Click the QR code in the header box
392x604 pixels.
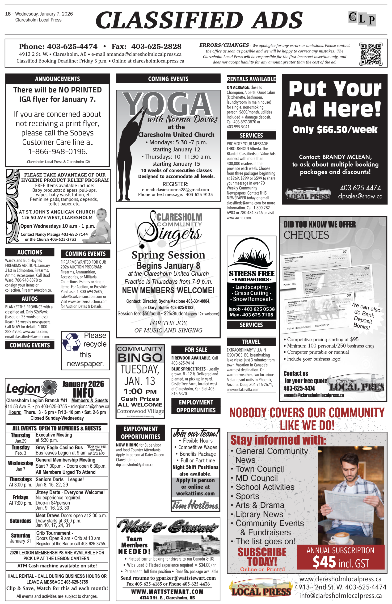(x=371, y=54)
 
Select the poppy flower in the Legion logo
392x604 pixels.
(x=50, y=388)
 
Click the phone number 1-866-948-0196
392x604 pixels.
(x=58, y=151)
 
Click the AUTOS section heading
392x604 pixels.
(x=30, y=299)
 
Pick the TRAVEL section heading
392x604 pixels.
(x=251, y=342)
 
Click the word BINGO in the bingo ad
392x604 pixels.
(x=140, y=358)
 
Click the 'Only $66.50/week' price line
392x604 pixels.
(x=335, y=130)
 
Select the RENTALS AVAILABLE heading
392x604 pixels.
(x=251, y=79)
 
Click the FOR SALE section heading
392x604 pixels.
(x=196, y=349)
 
